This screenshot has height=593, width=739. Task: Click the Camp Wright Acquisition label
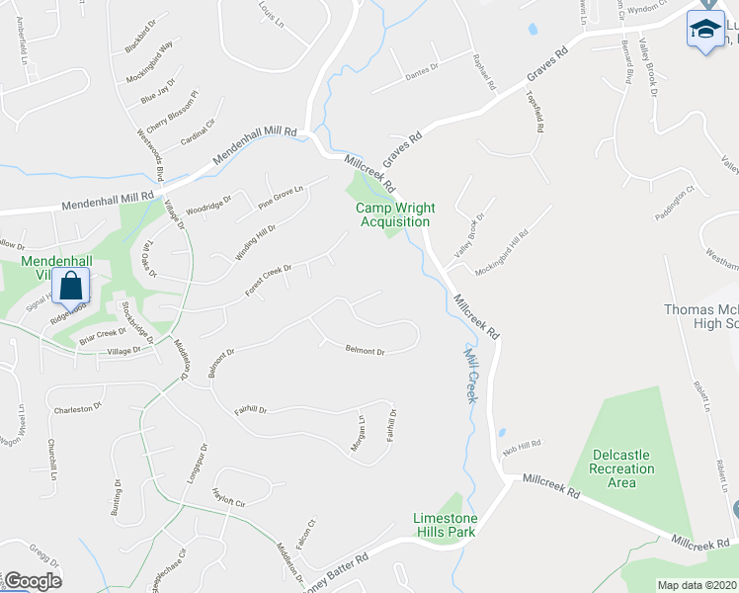pyautogui.click(x=395, y=214)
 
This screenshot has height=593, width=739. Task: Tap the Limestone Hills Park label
pyautogui.click(x=445, y=525)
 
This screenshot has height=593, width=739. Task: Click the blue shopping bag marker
pyautogui.click(x=72, y=287)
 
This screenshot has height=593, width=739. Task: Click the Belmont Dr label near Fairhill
pyautogui.click(x=365, y=350)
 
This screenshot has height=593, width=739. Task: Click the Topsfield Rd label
pyautogui.click(x=535, y=114)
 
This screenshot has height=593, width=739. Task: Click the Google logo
pyautogui.click(x=32, y=581)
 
